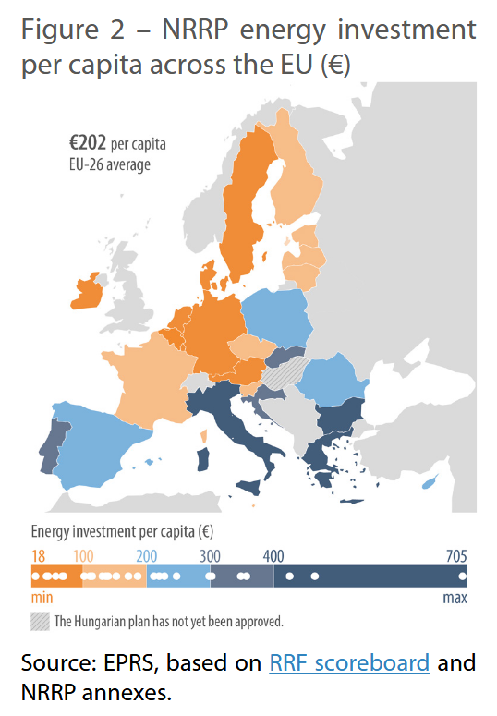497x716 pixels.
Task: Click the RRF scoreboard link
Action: (x=349, y=663)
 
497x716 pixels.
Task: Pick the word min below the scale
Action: (x=42, y=599)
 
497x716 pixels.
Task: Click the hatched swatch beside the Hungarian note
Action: (x=41, y=621)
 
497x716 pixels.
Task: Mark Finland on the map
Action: (x=297, y=185)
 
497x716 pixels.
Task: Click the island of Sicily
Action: (x=253, y=486)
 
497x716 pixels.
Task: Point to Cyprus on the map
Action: (x=428, y=484)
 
